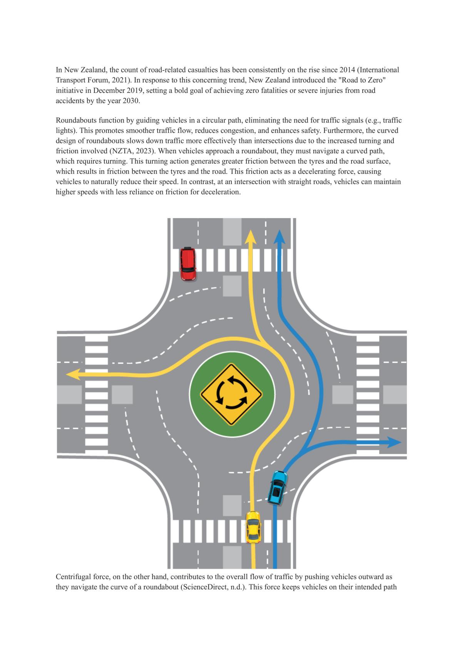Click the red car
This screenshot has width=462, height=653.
pos(188,264)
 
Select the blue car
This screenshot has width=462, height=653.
pos(278,487)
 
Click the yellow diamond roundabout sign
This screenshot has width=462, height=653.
pos(232,394)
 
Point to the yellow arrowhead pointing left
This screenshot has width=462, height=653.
pos(73,374)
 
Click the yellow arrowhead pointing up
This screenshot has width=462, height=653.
pos(250,237)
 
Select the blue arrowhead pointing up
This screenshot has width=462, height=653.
pos(280,237)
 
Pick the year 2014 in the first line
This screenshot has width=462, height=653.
pos(347,70)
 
